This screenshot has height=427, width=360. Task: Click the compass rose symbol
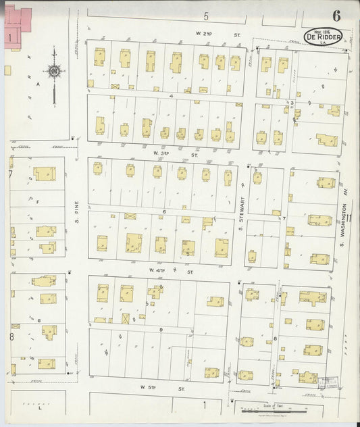pyautogui.click(x=53, y=72)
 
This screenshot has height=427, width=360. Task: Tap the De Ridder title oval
pyautogui.click(x=323, y=36)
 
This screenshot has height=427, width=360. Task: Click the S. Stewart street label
pyautogui.click(x=240, y=202)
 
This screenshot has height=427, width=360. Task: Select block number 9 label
pyautogui.click(x=161, y=329)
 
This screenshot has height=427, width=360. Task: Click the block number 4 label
pyautogui.click(x=172, y=96)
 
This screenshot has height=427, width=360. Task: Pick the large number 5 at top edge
pyautogui.click(x=206, y=15)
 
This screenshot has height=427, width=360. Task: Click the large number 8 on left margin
pyautogui.click(x=11, y=335)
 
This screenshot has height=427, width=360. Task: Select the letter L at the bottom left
pyautogui.click(x=40, y=409)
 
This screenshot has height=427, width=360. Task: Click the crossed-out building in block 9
pyautogui.click(x=125, y=318)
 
